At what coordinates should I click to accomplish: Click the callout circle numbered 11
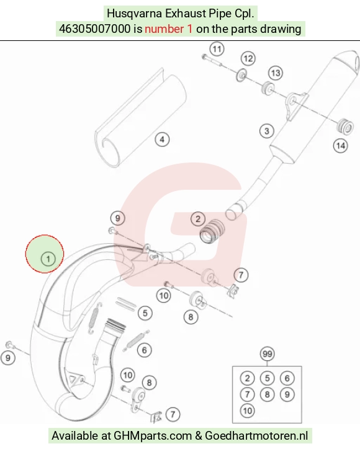pyautogui.click(x=217, y=49)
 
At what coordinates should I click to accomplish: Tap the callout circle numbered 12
pyautogui.click(x=248, y=59)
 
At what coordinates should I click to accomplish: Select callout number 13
pyautogui.click(x=276, y=73)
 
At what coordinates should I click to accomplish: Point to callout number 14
pyautogui.click(x=340, y=146)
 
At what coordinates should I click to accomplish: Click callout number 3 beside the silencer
pyautogui.click(x=266, y=131)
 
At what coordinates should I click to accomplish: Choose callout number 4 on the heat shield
pyautogui.click(x=162, y=140)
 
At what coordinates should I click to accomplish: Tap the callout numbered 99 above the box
pyautogui.click(x=267, y=353)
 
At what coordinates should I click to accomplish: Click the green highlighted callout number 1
pyautogui.click(x=48, y=259)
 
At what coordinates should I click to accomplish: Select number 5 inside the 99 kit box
pyautogui.click(x=267, y=378)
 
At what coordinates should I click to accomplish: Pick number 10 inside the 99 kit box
pyautogui.click(x=247, y=411)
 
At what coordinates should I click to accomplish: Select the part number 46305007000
pyautogui.click(x=94, y=29)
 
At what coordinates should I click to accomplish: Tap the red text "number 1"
pyautogui.click(x=169, y=29)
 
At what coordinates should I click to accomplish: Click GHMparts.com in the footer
pyautogui.click(x=153, y=436)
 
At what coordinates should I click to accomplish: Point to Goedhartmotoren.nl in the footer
pyautogui.click(x=256, y=436)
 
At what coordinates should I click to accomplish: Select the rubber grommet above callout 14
pyautogui.click(x=344, y=127)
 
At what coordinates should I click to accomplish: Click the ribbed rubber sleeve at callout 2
pyautogui.click(x=212, y=231)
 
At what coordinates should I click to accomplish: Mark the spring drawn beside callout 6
pyautogui.click(x=136, y=340)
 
